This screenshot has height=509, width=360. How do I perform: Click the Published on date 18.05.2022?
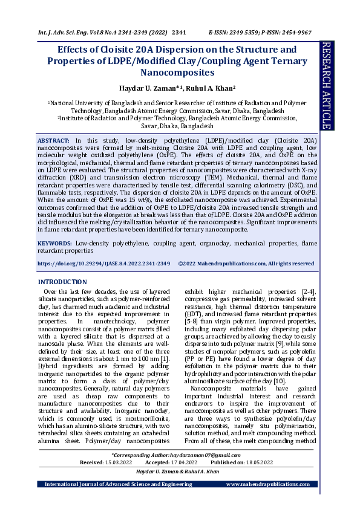(x=258, y=462)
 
